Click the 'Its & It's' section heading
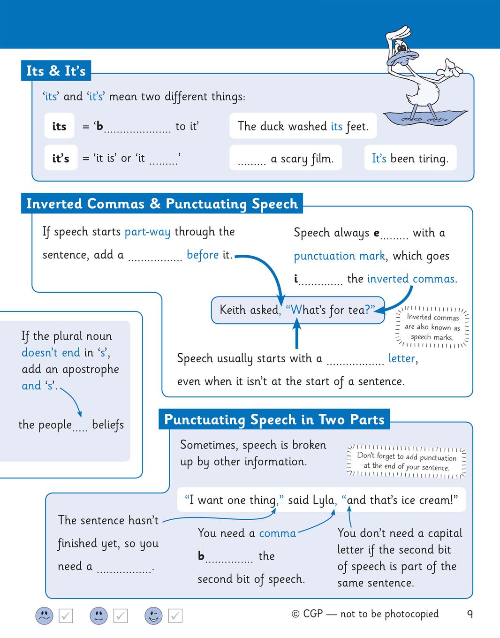pos(56,71)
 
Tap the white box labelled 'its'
pos(59,126)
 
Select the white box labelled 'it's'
pos(61,158)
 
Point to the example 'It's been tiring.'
pos(410,158)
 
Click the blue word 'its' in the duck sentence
pos(336,126)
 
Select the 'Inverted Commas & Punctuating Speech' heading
pos(162,204)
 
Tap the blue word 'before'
pos(203,255)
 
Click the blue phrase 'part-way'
pos(147,232)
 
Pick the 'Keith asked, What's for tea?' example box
pos(297,310)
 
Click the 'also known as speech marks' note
pos(432,327)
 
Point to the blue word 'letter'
pos(402,358)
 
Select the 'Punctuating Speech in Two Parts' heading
pos(274,419)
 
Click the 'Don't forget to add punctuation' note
pos(406,462)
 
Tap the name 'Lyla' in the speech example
pos(323,500)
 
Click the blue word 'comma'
pos(277,533)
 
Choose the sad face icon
pos(45,615)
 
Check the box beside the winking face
pos(175,615)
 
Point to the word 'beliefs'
pos(108,425)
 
